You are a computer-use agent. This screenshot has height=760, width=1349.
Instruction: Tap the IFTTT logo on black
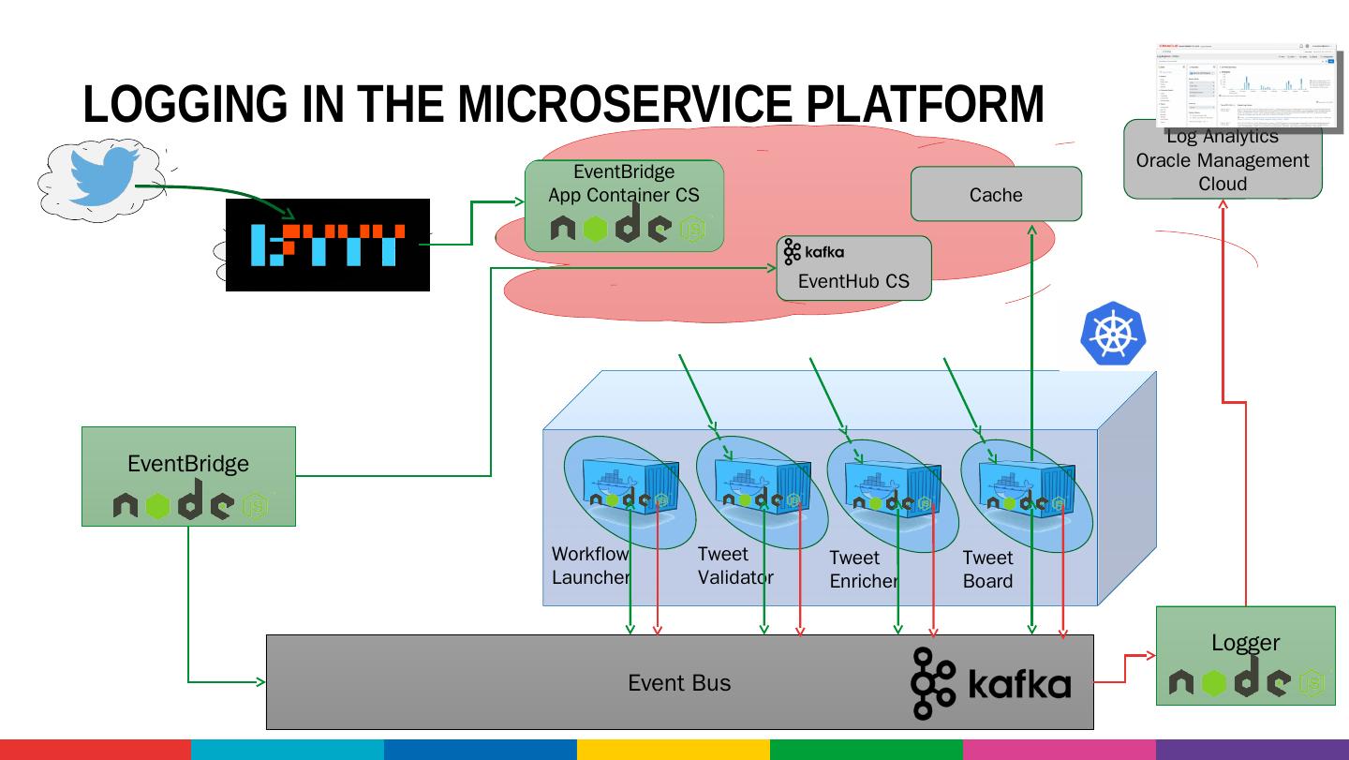[328, 245]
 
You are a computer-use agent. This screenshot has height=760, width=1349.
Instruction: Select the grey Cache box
[996, 195]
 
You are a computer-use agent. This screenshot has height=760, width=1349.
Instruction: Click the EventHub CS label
[853, 281]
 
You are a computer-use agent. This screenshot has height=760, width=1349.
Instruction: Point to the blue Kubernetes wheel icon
[1113, 334]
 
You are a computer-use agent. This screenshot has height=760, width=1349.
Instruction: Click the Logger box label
[1245, 643]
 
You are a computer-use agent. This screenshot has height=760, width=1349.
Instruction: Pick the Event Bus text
[679, 683]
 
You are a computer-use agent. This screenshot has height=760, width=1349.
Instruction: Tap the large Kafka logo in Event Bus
[990, 683]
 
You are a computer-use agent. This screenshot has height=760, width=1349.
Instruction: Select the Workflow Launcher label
[590, 566]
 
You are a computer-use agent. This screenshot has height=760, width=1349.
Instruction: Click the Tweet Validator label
[735, 566]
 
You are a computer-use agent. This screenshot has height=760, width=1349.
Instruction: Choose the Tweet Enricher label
[863, 570]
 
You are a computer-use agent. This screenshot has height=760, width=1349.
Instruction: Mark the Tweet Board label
[987, 570]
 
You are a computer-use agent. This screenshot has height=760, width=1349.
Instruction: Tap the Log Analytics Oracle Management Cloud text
[1223, 160]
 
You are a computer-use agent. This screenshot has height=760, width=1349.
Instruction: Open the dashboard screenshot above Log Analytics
[1246, 84]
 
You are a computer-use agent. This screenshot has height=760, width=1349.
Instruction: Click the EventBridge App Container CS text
[624, 184]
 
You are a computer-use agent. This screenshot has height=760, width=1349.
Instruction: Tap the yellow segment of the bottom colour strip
[673, 750]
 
